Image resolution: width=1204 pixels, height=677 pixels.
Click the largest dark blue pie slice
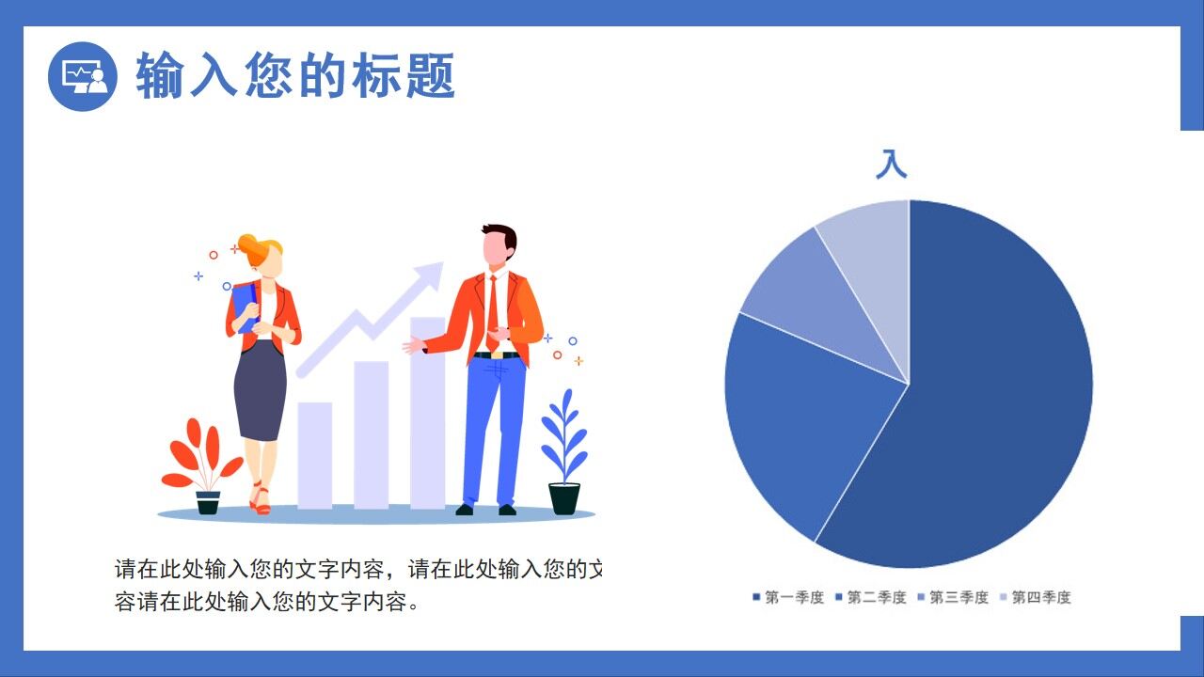click(x=997, y=395)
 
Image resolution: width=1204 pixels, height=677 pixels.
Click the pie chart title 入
click(x=891, y=164)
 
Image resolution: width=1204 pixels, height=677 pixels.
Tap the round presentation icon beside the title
click(x=83, y=76)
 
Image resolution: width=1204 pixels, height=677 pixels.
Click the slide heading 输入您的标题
click(x=295, y=76)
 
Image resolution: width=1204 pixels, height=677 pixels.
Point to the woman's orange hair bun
click(x=251, y=246)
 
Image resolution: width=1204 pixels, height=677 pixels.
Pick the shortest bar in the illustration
click(x=314, y=455)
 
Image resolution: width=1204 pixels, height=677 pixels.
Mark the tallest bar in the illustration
click(x=427, y=414)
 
